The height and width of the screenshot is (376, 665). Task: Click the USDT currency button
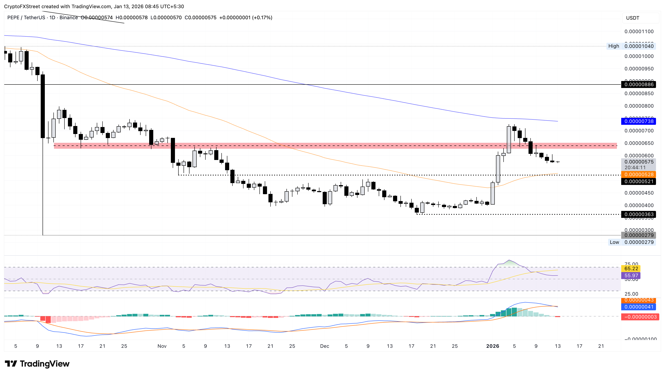(632, 18)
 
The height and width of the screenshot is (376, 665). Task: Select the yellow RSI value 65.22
(631, 269)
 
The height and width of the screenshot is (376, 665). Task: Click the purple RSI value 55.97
(631, 276)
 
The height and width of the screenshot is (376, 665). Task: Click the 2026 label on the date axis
(493, 346)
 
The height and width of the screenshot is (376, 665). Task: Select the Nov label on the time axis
(162, 346)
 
